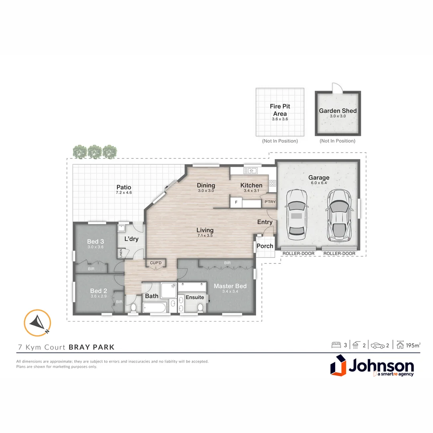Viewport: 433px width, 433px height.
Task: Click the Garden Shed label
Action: [x=338, y=111]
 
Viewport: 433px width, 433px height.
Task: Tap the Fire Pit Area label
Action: [x=280, y=110]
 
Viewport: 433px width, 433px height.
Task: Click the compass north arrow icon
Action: [x=37, y=323]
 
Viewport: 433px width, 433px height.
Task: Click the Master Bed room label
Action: [x=230, y=286]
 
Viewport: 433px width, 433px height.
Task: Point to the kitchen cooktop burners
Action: [x=273, y=183]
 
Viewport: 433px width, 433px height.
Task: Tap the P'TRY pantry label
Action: [x=270, y=202]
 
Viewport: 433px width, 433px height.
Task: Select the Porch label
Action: [x=265, y=246]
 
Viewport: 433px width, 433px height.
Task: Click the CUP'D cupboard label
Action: [x=156, y=263]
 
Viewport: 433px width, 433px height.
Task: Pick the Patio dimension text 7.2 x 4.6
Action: [x=124, y=192]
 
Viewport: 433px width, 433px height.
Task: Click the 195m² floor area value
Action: [x=413, y=345]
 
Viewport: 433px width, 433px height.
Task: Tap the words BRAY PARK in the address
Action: [x=91, y=347]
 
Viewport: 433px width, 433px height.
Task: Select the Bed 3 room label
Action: [x=95, y=241]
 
